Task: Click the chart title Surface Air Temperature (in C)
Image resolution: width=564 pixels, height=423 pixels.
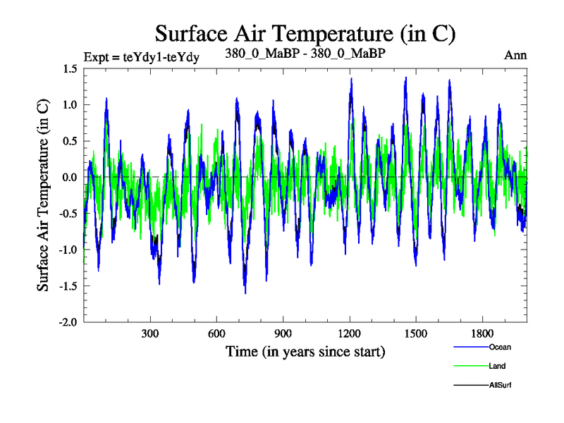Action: click(305, 34)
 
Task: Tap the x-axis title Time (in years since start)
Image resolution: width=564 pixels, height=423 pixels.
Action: click(305, 350)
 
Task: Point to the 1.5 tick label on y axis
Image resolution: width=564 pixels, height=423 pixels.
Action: click(70, 68)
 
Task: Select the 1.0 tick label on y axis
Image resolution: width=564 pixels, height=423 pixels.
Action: click(70, 105)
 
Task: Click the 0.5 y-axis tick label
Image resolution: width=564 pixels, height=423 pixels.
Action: click(70, 141)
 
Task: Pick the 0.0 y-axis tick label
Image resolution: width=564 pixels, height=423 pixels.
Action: click(70, 177)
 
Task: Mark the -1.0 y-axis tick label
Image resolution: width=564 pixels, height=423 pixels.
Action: click(68, 250)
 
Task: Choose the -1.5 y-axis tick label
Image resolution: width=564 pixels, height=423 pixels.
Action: click(68, 286)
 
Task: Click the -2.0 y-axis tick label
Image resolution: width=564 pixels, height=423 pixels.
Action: click(68, 322)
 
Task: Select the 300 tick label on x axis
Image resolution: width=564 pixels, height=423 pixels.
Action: click(150, 333)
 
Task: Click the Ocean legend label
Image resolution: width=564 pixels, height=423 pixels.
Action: click(499, 347)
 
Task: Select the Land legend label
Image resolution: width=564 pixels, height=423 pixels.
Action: click(497, 366)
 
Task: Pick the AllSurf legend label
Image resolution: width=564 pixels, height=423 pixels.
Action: click(500, 385)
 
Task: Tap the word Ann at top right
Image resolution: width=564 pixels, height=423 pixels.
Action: click(515, 55)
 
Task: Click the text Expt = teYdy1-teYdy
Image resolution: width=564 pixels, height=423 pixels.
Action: click(141, 57)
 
